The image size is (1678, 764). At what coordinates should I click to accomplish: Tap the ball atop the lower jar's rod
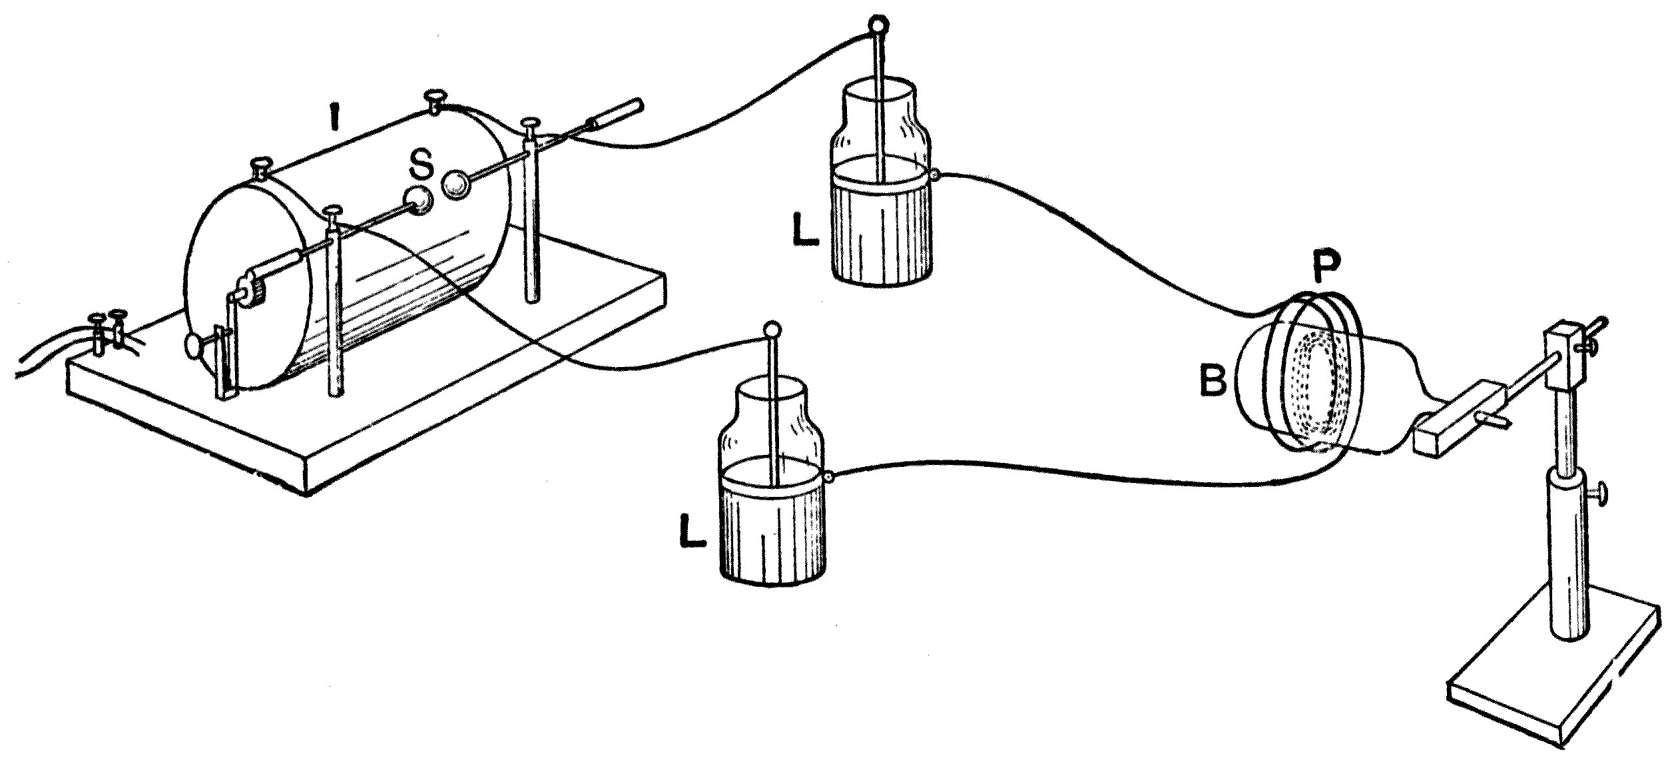click(x=771, y=330)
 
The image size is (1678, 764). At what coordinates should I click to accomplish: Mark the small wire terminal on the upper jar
click(x=936, y=175)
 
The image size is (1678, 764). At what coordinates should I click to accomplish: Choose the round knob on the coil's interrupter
click(x=194, y=347)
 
